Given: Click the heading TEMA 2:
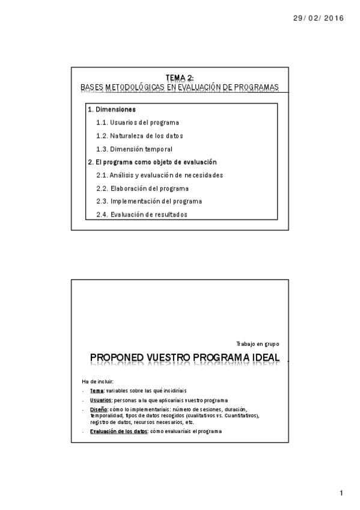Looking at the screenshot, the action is (x=180, y=78).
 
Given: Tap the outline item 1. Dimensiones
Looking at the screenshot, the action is (x=112, y=109).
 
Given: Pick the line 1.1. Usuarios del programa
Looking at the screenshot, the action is (x=137, y=123).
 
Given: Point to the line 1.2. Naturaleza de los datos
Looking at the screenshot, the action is (x=139, y=136).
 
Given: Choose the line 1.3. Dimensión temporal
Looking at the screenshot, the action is (x=134, y=149).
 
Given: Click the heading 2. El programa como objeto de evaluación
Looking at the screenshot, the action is (x=152, y=162).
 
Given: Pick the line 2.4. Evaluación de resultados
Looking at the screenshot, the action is (x=141, y=215).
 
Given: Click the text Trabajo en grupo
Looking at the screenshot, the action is (x=258, y=343).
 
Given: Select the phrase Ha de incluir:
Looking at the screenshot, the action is (x=97, y=381).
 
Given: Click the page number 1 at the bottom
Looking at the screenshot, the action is (x=341, y=494).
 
